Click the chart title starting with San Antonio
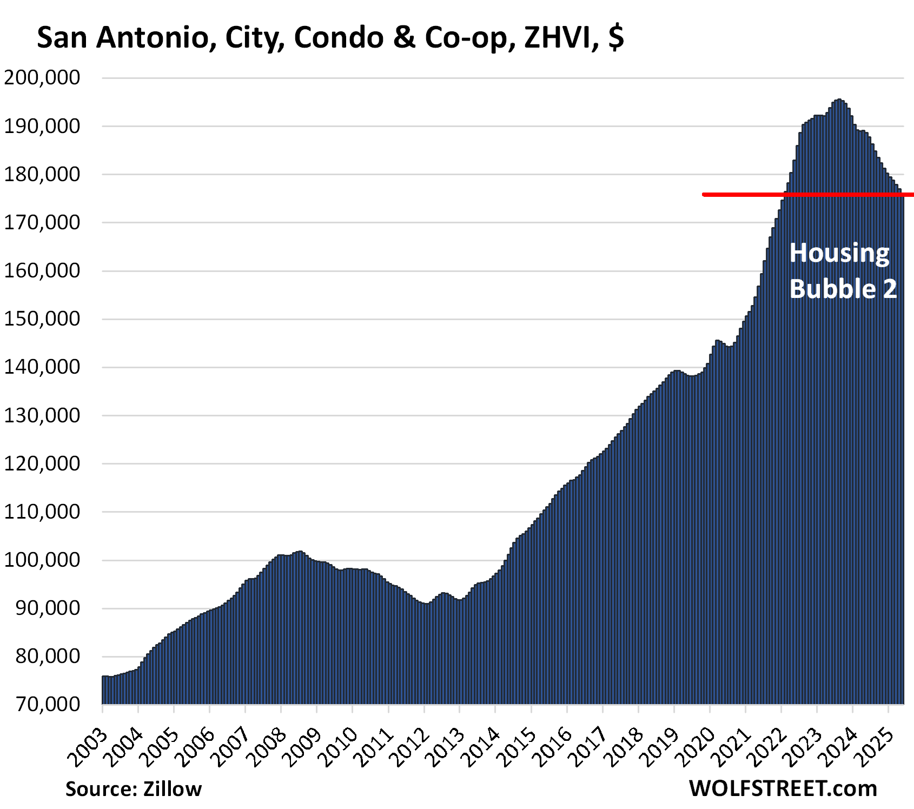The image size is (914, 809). pyautogui.click(x=330, y=38)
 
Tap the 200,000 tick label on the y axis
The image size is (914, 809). pyautogui.click(x=42, y=78)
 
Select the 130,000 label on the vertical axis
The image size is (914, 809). pyautogui.click(x=42, y=415)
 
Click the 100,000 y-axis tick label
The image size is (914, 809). pyautogui.click(x=42, y=560)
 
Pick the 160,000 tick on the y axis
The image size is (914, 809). pyautogui.click(x=42, y=270)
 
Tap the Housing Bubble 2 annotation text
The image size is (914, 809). pyautogui.click(x=842, y=271)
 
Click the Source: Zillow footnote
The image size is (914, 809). pyautogui.click(x=134, y=789)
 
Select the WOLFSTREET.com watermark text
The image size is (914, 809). pyautogui.click(x=783, y=788)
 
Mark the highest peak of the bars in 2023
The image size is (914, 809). pyautogui.click(x=839, y=100)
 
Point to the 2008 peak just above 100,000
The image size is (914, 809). pyautogui.click(x=299, y=552)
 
